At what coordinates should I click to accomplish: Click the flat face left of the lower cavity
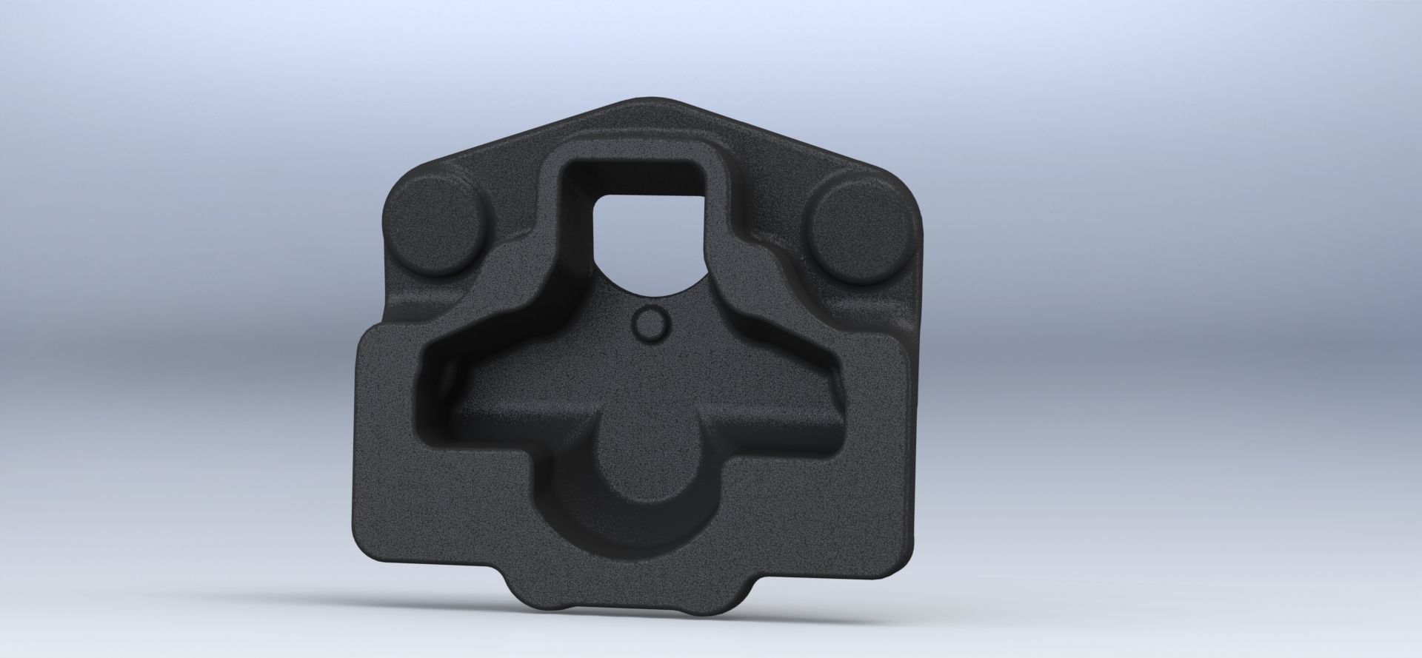pyautogui.click(x=393, y=459)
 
